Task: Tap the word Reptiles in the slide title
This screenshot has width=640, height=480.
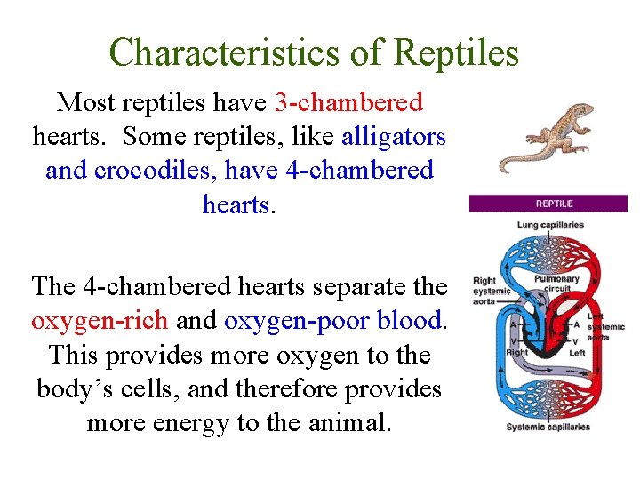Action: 456,53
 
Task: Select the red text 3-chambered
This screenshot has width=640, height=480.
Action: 348,103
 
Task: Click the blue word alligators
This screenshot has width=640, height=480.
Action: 394,137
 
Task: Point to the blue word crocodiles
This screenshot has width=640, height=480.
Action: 146,170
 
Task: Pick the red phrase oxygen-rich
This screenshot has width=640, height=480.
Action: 98,321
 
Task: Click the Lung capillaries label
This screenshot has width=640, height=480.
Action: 550,225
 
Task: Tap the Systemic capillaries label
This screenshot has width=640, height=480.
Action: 548,427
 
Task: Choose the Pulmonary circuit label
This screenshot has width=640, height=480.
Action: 556,284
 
